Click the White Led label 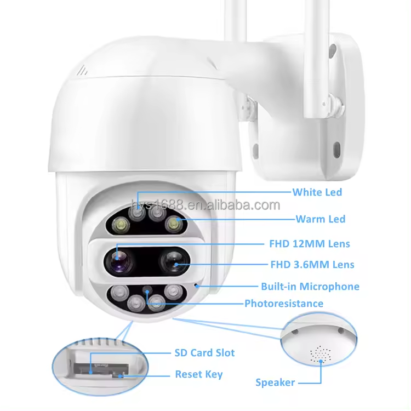coord(317,192)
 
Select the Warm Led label coord(320,219)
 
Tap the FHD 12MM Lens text coord(309,243)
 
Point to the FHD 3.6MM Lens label coord(312,265)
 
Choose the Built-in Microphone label coord(310,286)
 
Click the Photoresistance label coord(283,303)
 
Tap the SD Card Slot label coord(204,352)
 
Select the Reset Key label coord(198,374)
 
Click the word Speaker coord(275,382)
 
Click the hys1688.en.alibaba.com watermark coord(206,206)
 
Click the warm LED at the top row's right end coord(174,222)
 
